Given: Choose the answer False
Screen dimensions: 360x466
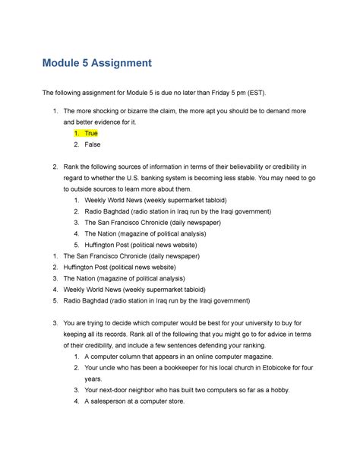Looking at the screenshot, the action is coord(93,144).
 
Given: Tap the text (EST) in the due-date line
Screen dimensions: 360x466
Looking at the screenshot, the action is coord(256,93).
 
